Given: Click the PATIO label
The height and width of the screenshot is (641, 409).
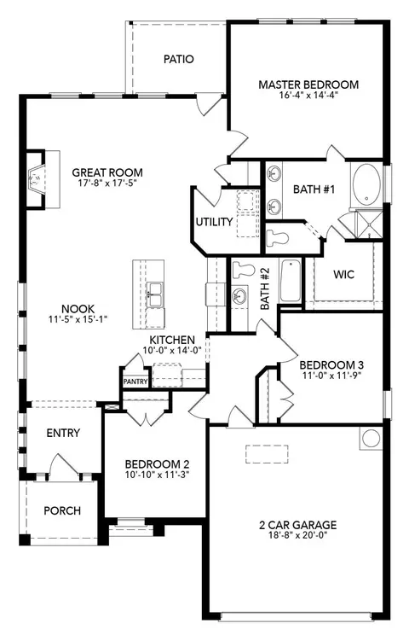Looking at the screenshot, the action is pyautogui.click(x=178, y=59).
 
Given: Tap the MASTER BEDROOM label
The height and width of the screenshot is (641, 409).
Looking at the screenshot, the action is pyautogui.click(x=308, y=84).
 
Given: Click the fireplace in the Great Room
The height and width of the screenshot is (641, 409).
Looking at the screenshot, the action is pyautogui.click(x=36, y=180).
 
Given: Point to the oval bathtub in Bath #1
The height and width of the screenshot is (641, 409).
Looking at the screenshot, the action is pyautogui.click(x=366, y=184).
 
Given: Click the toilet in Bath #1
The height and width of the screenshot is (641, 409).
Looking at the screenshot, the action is pyautogui.click(x=277, y=237).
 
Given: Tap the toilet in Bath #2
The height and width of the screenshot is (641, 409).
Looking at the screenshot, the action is pyautogui.click(x=244, y=269).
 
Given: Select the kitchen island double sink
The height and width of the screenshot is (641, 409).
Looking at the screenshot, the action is pyautogui.click(x=155, y=294).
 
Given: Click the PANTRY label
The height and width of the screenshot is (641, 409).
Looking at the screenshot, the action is pyautogui.click(x=135, y=382).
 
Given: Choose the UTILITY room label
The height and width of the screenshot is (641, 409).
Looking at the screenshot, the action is pyautogui.click(x=214, y=222).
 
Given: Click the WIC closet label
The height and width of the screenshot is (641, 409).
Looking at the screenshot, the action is pyautogui.click(x=343, y=274).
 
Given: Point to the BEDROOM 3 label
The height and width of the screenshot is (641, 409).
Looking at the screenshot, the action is pyautogui.click(x=331, y=364).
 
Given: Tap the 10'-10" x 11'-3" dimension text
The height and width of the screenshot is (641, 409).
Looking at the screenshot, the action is pyautogui.click(x=157, y=475).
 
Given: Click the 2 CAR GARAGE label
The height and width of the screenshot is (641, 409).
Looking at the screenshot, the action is pyautogui.click(x=298, y=525).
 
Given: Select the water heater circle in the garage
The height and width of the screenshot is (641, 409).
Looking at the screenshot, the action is pyautogui.click(x=371, y=438).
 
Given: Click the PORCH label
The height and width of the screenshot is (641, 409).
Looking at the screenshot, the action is pyautogui.click(x=62, y=511).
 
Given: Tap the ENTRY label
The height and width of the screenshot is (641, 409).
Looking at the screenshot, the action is pyautogui.click(x=63, y=433).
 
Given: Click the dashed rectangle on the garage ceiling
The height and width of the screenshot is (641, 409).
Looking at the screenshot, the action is pyautogui.click(x=267, y=454).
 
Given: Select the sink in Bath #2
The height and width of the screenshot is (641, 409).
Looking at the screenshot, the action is pyautogui.click(x=239, y=295).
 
